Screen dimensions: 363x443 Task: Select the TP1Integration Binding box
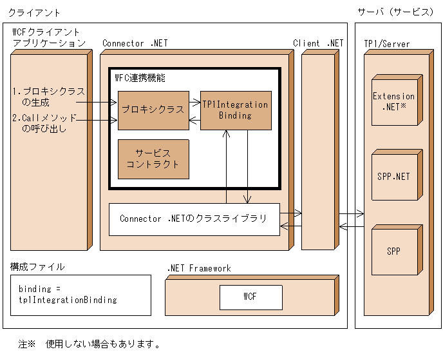coord(235,110)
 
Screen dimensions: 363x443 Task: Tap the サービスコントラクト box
coord(153,159)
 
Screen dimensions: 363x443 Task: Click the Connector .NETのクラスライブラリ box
coord(194,219)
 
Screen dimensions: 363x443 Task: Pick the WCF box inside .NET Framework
coord(250,297)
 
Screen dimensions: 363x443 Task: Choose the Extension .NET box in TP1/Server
coord(394,101)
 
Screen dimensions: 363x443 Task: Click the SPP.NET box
coord(394,175)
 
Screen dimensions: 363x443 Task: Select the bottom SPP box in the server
coord(394,251)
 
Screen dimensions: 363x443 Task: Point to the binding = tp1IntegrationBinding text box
coord(80,295)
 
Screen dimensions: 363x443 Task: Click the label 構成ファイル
coord(37,266)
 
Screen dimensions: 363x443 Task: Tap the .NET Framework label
coord(199,268)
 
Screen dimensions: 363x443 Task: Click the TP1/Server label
coord(386,44)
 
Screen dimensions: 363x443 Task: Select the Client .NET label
coord(318,43)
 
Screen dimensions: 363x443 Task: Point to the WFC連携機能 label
coord(140,77)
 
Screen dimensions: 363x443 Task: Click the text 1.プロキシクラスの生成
coord(49,96)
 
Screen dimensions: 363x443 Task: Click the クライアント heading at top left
coord(35,12)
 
